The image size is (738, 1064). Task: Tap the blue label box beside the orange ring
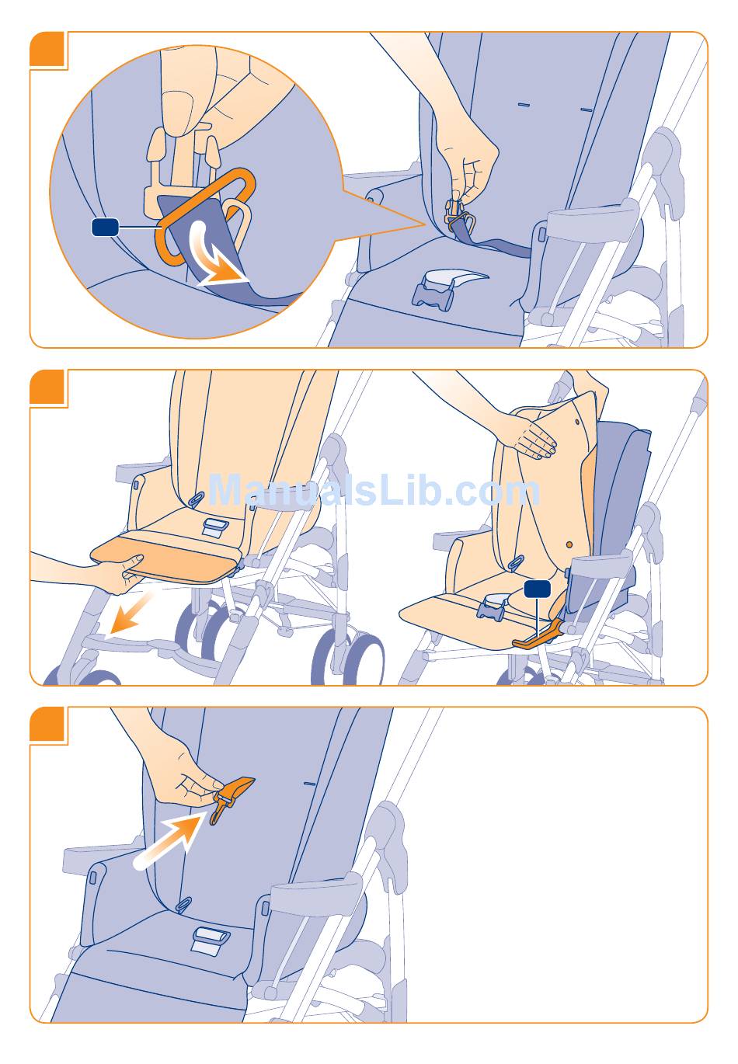click(x=105, y=227)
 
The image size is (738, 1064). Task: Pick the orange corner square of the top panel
click(x=47, y=49)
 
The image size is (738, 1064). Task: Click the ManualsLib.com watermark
click(x=374, y=491)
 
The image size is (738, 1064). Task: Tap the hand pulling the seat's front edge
click(x=114, y=573)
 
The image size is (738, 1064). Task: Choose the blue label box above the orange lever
click(x=538, y=589)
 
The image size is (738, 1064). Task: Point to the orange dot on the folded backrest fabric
click(x=569, y=544)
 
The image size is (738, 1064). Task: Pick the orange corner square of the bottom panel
click(x=47, y=723)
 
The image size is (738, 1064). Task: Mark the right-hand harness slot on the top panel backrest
click(x=587, y=110)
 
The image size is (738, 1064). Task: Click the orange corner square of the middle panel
click(x=47, y=387)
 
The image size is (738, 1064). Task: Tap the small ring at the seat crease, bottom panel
click(x=183, y=904)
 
